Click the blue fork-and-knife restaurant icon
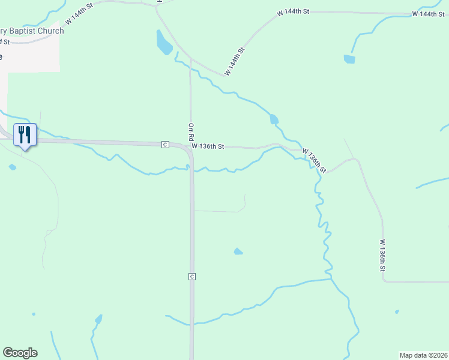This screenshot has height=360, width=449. tap(25, 134)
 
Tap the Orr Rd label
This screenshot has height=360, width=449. tap(191, 133)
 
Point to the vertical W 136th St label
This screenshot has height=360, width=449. tap(381, 256)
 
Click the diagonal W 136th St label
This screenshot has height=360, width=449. tap(313, 160)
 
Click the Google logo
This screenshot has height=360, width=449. tap(20, 353)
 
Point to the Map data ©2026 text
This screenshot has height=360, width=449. tap(423, 355)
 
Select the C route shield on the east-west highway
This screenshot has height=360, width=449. tap(164, 145)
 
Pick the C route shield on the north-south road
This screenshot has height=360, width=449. tap(191, 276)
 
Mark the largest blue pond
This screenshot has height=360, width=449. tap(163, 43)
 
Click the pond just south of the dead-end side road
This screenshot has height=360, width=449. tap(238, 251)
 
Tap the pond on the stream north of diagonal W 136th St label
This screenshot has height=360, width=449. tap(274, 119)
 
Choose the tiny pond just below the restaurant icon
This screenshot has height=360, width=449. tap(13, 167)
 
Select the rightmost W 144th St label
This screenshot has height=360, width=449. tap(428, 14)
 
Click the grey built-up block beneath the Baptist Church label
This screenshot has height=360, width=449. tap(30, 57)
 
